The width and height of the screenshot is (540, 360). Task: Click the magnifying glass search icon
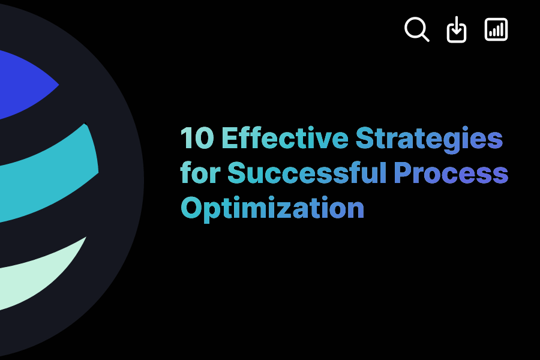coord(416,28)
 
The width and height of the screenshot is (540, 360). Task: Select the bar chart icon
coord(496,29)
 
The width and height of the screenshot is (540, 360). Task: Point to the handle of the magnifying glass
coord(425,37)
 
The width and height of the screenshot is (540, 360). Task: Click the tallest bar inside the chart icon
coord(502,29)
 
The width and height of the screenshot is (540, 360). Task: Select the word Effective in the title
coord(284,139)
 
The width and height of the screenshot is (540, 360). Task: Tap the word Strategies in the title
coord(429,139)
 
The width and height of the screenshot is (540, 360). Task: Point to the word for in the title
coord(200,173)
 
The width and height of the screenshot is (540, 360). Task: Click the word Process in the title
coord(451,173)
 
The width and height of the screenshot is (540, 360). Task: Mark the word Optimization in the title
coord(272,208)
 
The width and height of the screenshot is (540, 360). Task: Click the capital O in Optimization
coord(191,208)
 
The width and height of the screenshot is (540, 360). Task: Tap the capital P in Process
coord(403,173)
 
